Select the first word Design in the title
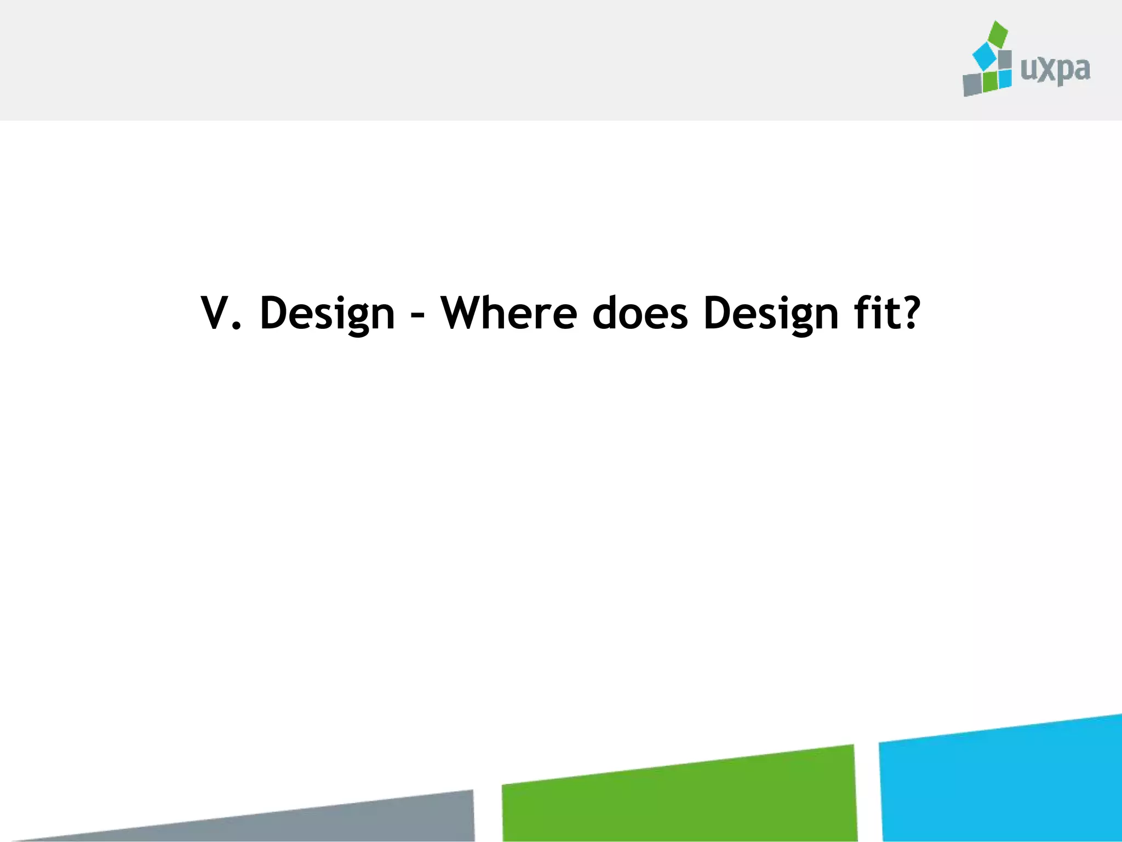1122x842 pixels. pos(327,314)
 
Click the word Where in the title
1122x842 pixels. pos(509,313)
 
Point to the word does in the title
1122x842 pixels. pos(640,313)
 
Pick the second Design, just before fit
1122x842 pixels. pos(771,314)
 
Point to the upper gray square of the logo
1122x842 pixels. pos(1005,60)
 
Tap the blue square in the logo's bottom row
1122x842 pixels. pos(1005,78)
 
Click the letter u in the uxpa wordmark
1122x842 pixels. pos(1028,70)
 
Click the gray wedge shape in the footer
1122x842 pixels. pos(383,820)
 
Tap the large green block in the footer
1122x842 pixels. pos(679,798)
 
